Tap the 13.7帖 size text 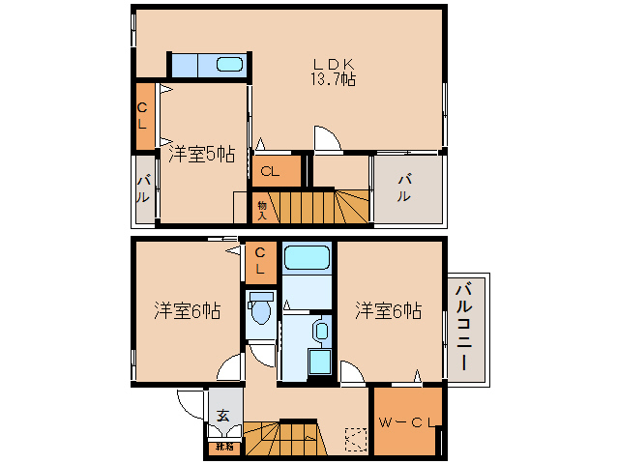tap(333, 79)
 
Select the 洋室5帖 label tap(201, 154)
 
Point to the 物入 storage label tap(261, 208)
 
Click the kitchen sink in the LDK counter tap(229, 66)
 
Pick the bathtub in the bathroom tap(308, 258)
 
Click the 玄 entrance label tap(223, 416)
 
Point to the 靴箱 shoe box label tap(223, 447)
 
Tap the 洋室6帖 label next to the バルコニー tap(388, 310)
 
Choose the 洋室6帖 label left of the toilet tap(187, 310)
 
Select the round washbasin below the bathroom tap(320, 331)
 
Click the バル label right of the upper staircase tap(405, 187)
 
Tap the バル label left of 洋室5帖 tap(142, 188)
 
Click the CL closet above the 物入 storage tap(270, 171)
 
